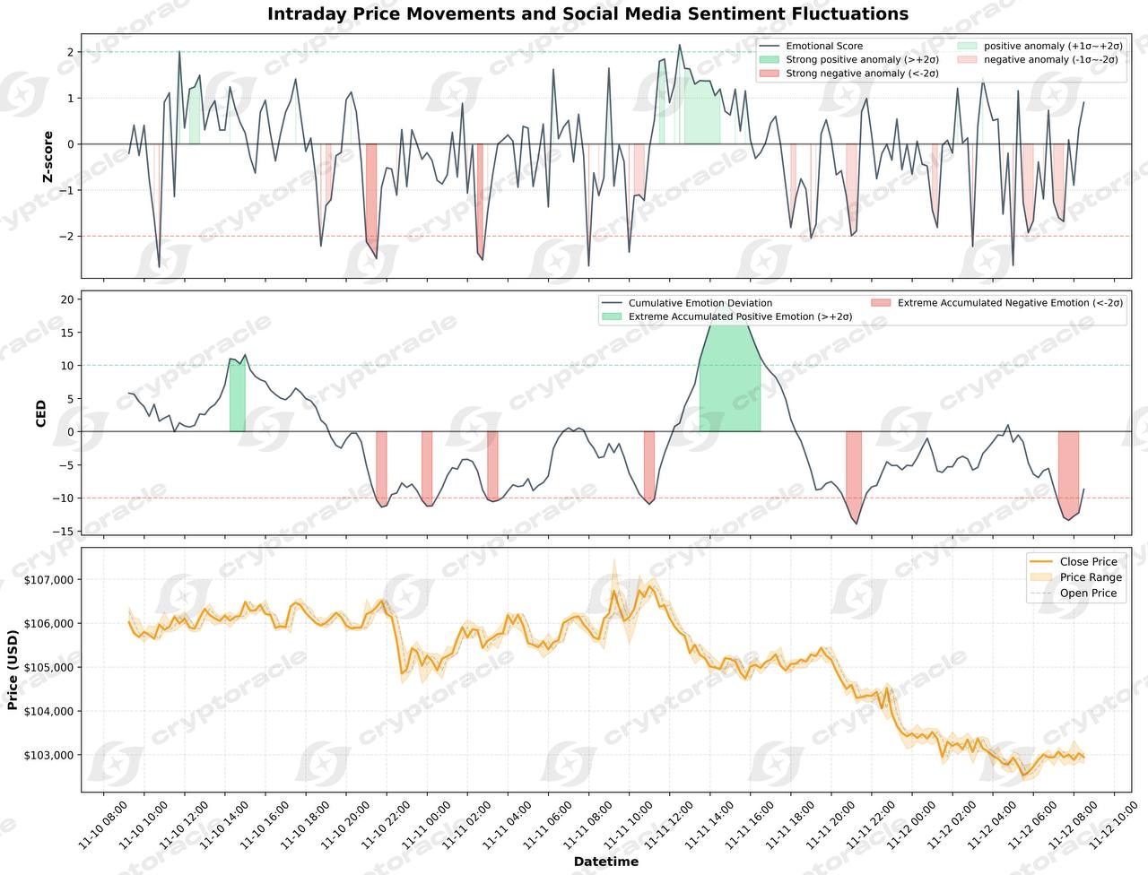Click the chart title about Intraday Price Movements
[x=587, y=14]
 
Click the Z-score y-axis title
[x=48, y=157]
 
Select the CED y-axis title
[x=41, y=413]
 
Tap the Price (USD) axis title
[x=13, y=670]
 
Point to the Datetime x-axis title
[x=606, y=862]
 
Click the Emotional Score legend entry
[x=823, y=46]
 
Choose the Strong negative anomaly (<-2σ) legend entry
[x=861, y=74]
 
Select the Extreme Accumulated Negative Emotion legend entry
[x=1010, y=303]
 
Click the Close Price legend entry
[x=1088, y=562]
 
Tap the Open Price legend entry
[x=1088, y=593]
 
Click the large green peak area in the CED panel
[x=729, y=386]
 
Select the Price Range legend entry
[x=1090, y=577]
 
